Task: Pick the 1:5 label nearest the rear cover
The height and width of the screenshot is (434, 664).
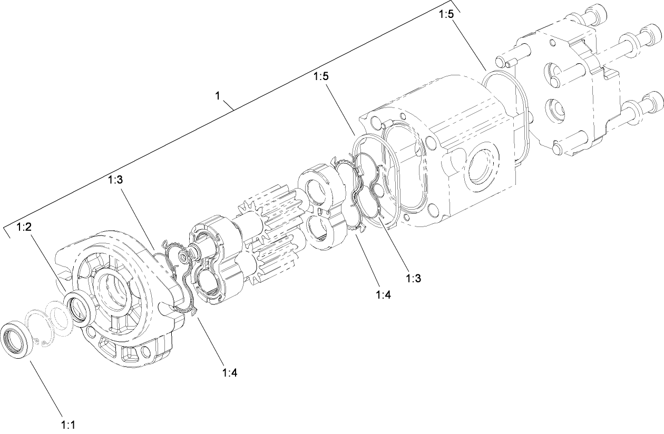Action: tap(445, 15)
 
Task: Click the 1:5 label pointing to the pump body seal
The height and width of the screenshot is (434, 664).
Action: tap(321, 76)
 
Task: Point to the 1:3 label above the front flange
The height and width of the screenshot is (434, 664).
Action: tap(115, 180)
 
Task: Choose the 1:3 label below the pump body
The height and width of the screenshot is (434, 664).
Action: tap(413, 278)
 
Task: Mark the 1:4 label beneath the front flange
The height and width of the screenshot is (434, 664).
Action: tap(229, 373)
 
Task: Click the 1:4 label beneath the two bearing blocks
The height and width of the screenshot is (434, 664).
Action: tap(383, 295)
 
